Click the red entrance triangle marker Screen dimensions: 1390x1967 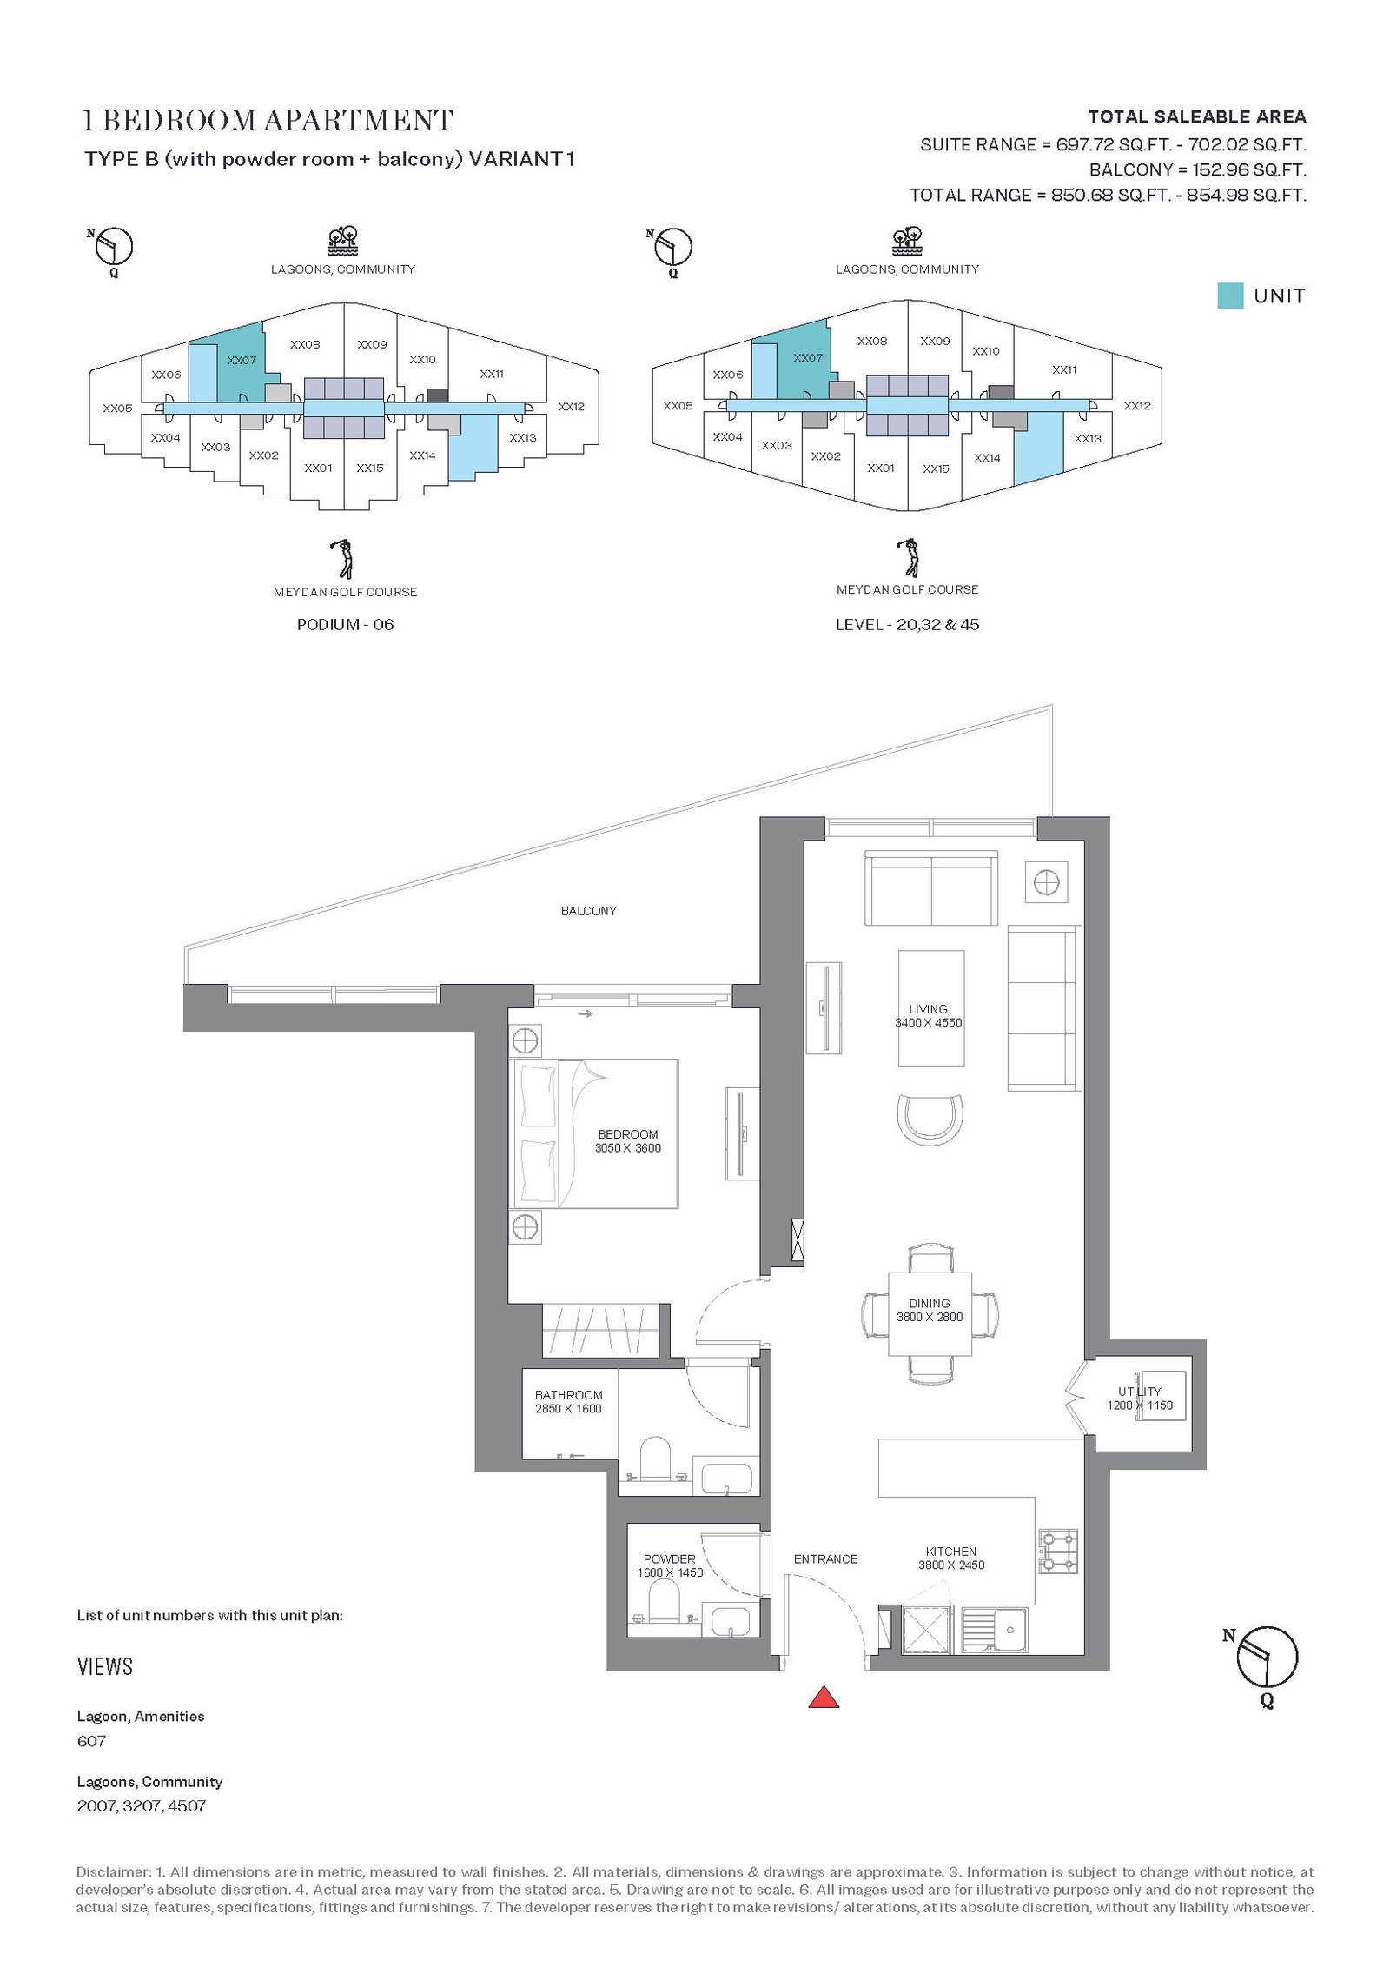[x=824, y=1698]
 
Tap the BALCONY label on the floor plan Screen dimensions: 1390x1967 [x=588, y=911]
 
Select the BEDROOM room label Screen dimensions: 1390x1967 [x=628, y=1134]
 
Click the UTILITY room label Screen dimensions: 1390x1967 [x=1139, y=1392]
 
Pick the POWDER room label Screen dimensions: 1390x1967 [x=669, y=1559]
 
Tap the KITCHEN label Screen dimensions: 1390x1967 [x=951, y=1552]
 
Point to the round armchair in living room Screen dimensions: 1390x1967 [x=930, y=1120]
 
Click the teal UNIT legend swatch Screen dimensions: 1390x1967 [x=1230, y=296]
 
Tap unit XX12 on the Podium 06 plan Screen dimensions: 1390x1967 [x=571, y=407]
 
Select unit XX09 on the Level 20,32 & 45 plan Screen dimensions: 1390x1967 [x=935, y=342]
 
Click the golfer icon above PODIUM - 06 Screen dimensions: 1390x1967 [x=345, y=559]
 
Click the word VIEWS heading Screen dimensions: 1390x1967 [x=105, y=1666]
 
